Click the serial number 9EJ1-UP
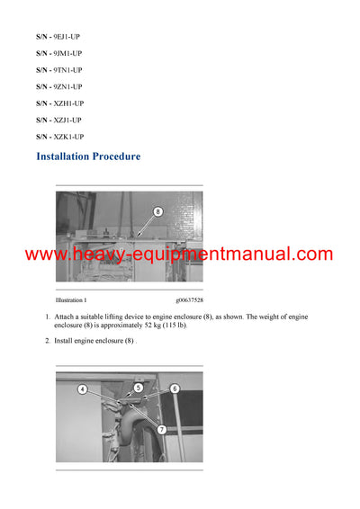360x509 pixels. [x=67, y=36]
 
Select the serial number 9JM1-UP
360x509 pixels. [x=67, y=53]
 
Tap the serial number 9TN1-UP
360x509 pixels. [x=67, y=69]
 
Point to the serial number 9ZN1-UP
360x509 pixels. [x=67, y=86]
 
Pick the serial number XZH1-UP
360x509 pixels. [x=68, y=103]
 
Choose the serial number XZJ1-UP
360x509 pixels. [x=67, y=120]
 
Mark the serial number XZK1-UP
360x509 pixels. [x=68, y=137]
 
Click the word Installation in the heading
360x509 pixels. [x=63, y=156]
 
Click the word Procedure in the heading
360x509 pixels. [x=116, y=156]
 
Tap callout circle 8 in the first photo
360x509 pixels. [x=157, y=212]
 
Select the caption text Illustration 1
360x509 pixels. [x=71, y=299]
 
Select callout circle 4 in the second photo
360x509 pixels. [x=82, y=389]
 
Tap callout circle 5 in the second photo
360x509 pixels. [x=139, y=388]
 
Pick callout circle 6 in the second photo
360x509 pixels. [x=175, y=388]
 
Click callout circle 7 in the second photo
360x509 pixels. [x=161, y=429]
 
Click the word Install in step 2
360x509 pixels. [x=66, y=341]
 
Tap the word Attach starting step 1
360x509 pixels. [x=67, y=317]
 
